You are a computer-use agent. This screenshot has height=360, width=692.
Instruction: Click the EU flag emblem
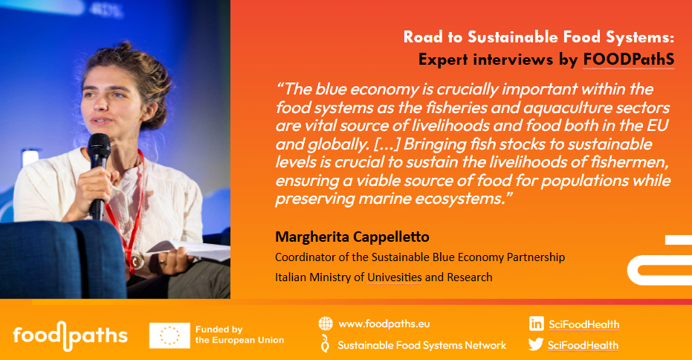click(x=169, y=335)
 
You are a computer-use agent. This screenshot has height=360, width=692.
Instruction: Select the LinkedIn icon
click(x=537, y=324)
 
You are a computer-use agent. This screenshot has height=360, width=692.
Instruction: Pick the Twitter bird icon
click(x=536, y=344)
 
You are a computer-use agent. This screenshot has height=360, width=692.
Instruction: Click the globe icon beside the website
click(x=326, y=324)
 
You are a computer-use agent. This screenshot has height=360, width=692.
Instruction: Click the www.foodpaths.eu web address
click(x=384, y=324)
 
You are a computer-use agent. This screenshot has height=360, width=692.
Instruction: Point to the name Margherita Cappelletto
click(x=352, y=237)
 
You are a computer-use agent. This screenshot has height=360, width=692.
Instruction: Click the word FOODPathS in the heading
click(x=629, y=60)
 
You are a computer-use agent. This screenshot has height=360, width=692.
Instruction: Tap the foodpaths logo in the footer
click(x=71, y=336)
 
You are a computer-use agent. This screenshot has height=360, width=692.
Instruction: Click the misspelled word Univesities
click(x=395, y=277)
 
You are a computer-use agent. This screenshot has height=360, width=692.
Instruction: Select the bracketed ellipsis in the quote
click(x=387, y=144)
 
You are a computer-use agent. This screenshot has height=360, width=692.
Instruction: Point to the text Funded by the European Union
click(x=239, y=335)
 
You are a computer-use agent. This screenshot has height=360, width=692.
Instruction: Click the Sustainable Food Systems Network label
click(x=422, y=345)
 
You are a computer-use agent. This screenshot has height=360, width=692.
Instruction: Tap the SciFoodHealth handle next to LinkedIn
click(x=584, y=324)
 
